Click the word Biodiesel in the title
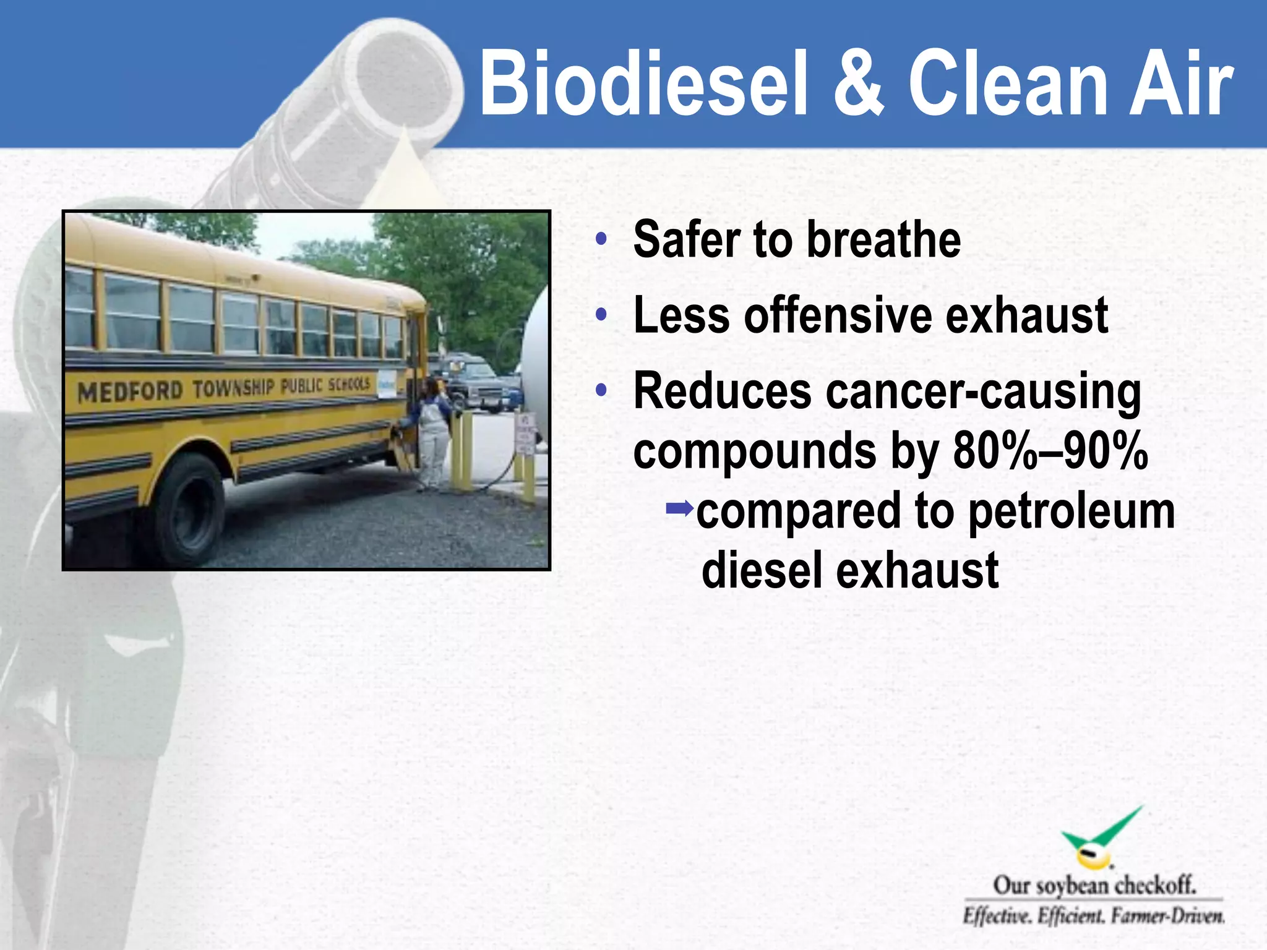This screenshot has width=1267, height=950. pyautogui.click(x=643, y=83)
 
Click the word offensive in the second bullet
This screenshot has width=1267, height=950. pyautogui.click(x=838, y=315)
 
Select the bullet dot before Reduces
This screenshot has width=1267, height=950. pyautogui.click(x=601, y=390)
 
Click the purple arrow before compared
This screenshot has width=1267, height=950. pyautogui.click(x=679, y=509)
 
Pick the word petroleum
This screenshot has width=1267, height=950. pyautogui.click(x=1071, y=512)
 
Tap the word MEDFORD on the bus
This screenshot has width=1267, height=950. pyautogui.click(x=130, y=392)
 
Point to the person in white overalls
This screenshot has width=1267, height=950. pyautogui.click(x=433, y=433)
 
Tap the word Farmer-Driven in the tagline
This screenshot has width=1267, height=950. pyautogui.click(x=1167, y=916)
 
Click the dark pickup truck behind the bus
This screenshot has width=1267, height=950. pyautogui.click(x=476, y=380)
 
